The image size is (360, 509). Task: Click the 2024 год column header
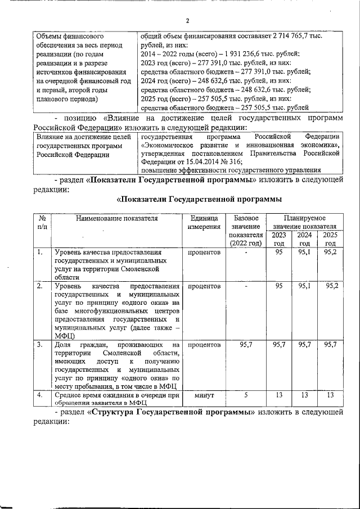point(304,239)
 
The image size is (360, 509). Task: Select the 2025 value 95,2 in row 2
point(331,286)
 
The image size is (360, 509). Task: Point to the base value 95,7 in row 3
point(245,344)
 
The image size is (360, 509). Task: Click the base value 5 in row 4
point(245,395)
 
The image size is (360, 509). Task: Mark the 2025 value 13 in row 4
point(331,395)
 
